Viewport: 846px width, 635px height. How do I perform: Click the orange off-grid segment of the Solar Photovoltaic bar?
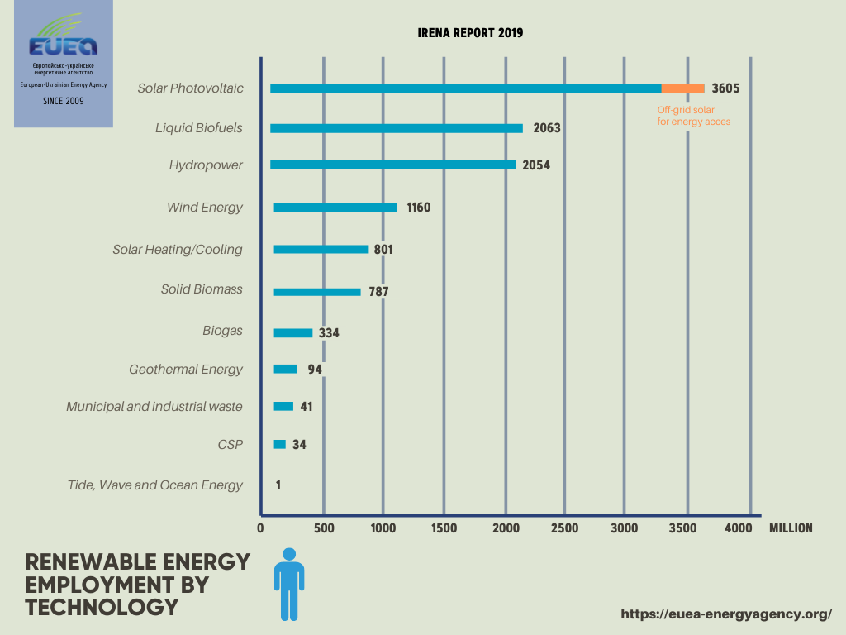682,88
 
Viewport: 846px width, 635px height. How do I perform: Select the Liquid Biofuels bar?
397,128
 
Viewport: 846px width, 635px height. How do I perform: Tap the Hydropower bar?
392,165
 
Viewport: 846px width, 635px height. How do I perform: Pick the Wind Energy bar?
335,208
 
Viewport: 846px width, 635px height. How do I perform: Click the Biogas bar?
293,332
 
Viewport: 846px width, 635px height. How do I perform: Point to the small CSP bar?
279,445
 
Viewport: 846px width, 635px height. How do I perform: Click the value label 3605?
725,88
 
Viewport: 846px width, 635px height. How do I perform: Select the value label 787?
378,291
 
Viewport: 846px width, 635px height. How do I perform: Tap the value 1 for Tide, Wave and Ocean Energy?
278,485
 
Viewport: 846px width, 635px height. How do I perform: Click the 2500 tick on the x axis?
564,528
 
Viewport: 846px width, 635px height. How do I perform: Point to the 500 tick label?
323,528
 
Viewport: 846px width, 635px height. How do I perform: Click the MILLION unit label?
791,528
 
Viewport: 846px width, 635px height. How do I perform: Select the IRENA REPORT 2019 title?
470,33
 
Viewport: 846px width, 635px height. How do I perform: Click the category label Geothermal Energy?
186,369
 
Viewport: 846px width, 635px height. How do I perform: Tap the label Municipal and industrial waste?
154,407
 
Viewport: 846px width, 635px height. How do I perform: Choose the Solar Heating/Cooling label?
178,249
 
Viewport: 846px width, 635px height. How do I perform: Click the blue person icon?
289,584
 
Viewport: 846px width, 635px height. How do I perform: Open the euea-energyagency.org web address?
725,614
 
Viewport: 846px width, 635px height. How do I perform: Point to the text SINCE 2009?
63,101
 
